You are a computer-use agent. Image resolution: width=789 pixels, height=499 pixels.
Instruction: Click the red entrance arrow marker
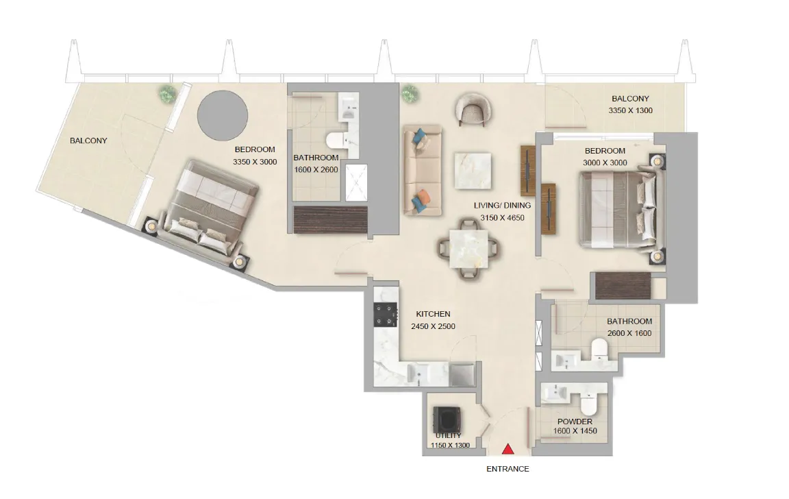[x=508, y=449]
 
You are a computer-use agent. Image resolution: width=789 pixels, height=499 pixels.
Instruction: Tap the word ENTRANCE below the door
[x=508, y=470]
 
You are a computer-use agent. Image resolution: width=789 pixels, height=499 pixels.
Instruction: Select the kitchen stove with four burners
[x=386, y=315]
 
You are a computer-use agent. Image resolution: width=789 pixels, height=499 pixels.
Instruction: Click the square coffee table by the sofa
[x=473, y=170]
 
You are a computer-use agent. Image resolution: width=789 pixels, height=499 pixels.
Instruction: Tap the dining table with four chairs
[x=469, y=251]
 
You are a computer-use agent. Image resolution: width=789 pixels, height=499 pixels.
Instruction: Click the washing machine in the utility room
[x=447, y=419]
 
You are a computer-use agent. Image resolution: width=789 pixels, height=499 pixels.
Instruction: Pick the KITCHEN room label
[x=433, y=314]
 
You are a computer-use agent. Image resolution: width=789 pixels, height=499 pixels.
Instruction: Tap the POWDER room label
[x=575, y=422]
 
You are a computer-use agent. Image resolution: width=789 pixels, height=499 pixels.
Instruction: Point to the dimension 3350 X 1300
[x=630, y=110]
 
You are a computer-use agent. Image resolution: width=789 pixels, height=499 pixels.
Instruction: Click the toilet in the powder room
[x=589, y=399]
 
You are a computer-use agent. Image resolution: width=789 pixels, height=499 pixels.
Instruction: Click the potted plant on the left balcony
[x=166, y=94]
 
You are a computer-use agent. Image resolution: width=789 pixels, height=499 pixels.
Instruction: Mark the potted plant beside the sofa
[x=410, y=93]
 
